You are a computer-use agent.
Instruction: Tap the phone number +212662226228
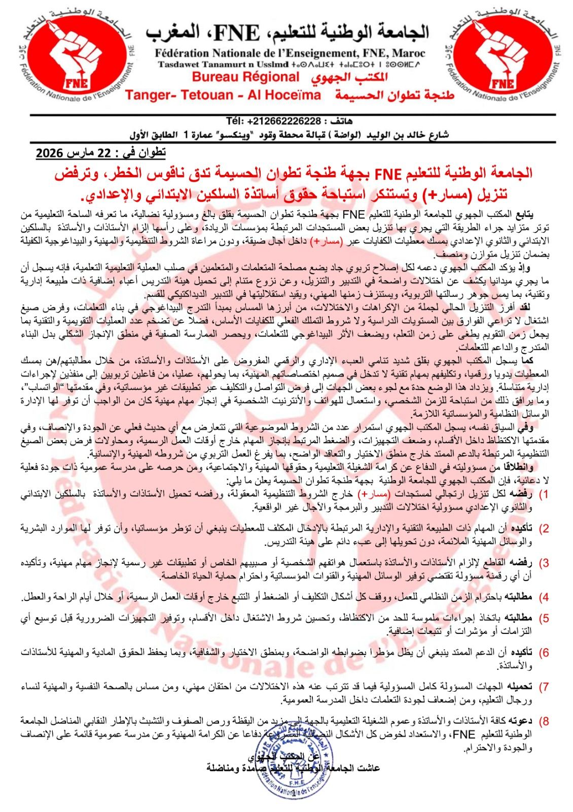click(274, 122)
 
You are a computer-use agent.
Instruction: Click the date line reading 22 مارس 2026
click(101, 152)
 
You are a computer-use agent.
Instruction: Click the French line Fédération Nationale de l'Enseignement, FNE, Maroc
click(291, 53)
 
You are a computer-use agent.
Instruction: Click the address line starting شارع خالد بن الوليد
click(290, 135)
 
